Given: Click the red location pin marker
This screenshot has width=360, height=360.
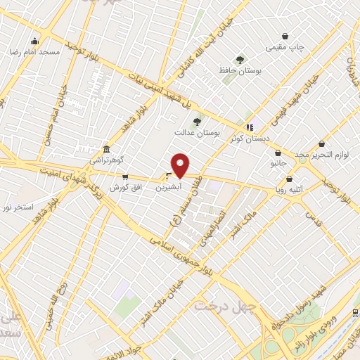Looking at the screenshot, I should coord(180,165).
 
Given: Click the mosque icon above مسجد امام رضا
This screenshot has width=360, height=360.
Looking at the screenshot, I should coord(35,41).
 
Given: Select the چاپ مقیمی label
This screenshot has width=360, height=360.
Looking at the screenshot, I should coord(285,48).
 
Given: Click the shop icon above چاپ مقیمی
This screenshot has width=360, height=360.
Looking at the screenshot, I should coord(285,36).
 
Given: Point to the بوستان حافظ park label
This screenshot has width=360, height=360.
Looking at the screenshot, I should coord(240,71).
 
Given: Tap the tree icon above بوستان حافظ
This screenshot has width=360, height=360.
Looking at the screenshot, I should coord(240,60).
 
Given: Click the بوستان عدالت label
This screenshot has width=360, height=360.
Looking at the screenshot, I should coord(198,131).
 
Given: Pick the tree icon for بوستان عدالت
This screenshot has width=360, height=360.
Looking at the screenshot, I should coord(197,121).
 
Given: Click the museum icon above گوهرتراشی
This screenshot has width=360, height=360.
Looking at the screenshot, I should coord(105,149).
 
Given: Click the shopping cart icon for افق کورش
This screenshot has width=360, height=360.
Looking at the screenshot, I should coord(125,176).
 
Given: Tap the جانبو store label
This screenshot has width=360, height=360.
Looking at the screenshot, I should coord(279,163).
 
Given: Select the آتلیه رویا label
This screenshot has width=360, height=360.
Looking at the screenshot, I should coord(290,188).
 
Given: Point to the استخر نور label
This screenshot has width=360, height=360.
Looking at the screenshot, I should coord(17,207).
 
